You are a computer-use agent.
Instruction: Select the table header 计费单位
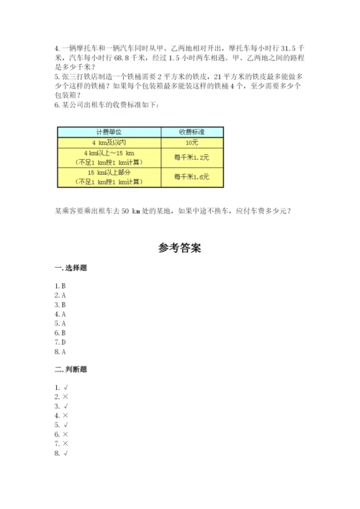coord(108,132)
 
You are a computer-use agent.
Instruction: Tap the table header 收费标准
coord(191,132)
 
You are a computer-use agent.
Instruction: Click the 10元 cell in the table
coord(191,144)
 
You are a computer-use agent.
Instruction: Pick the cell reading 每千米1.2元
coord(191,158)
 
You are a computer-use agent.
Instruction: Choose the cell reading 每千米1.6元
coord(191,177)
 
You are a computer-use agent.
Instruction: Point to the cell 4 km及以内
coord(108,144)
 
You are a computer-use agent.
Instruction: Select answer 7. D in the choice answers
coord(60,342)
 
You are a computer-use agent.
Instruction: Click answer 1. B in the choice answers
coord(60,286)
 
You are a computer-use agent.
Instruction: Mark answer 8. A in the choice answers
coord(60,351)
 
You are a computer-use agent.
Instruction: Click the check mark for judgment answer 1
coord(66,388)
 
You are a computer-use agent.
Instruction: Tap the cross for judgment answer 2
coord(66,397)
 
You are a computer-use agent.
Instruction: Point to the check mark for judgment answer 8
coord(66,453)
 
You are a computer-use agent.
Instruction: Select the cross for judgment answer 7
coord(66,443)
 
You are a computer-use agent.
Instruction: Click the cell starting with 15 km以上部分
coord(108,177)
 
